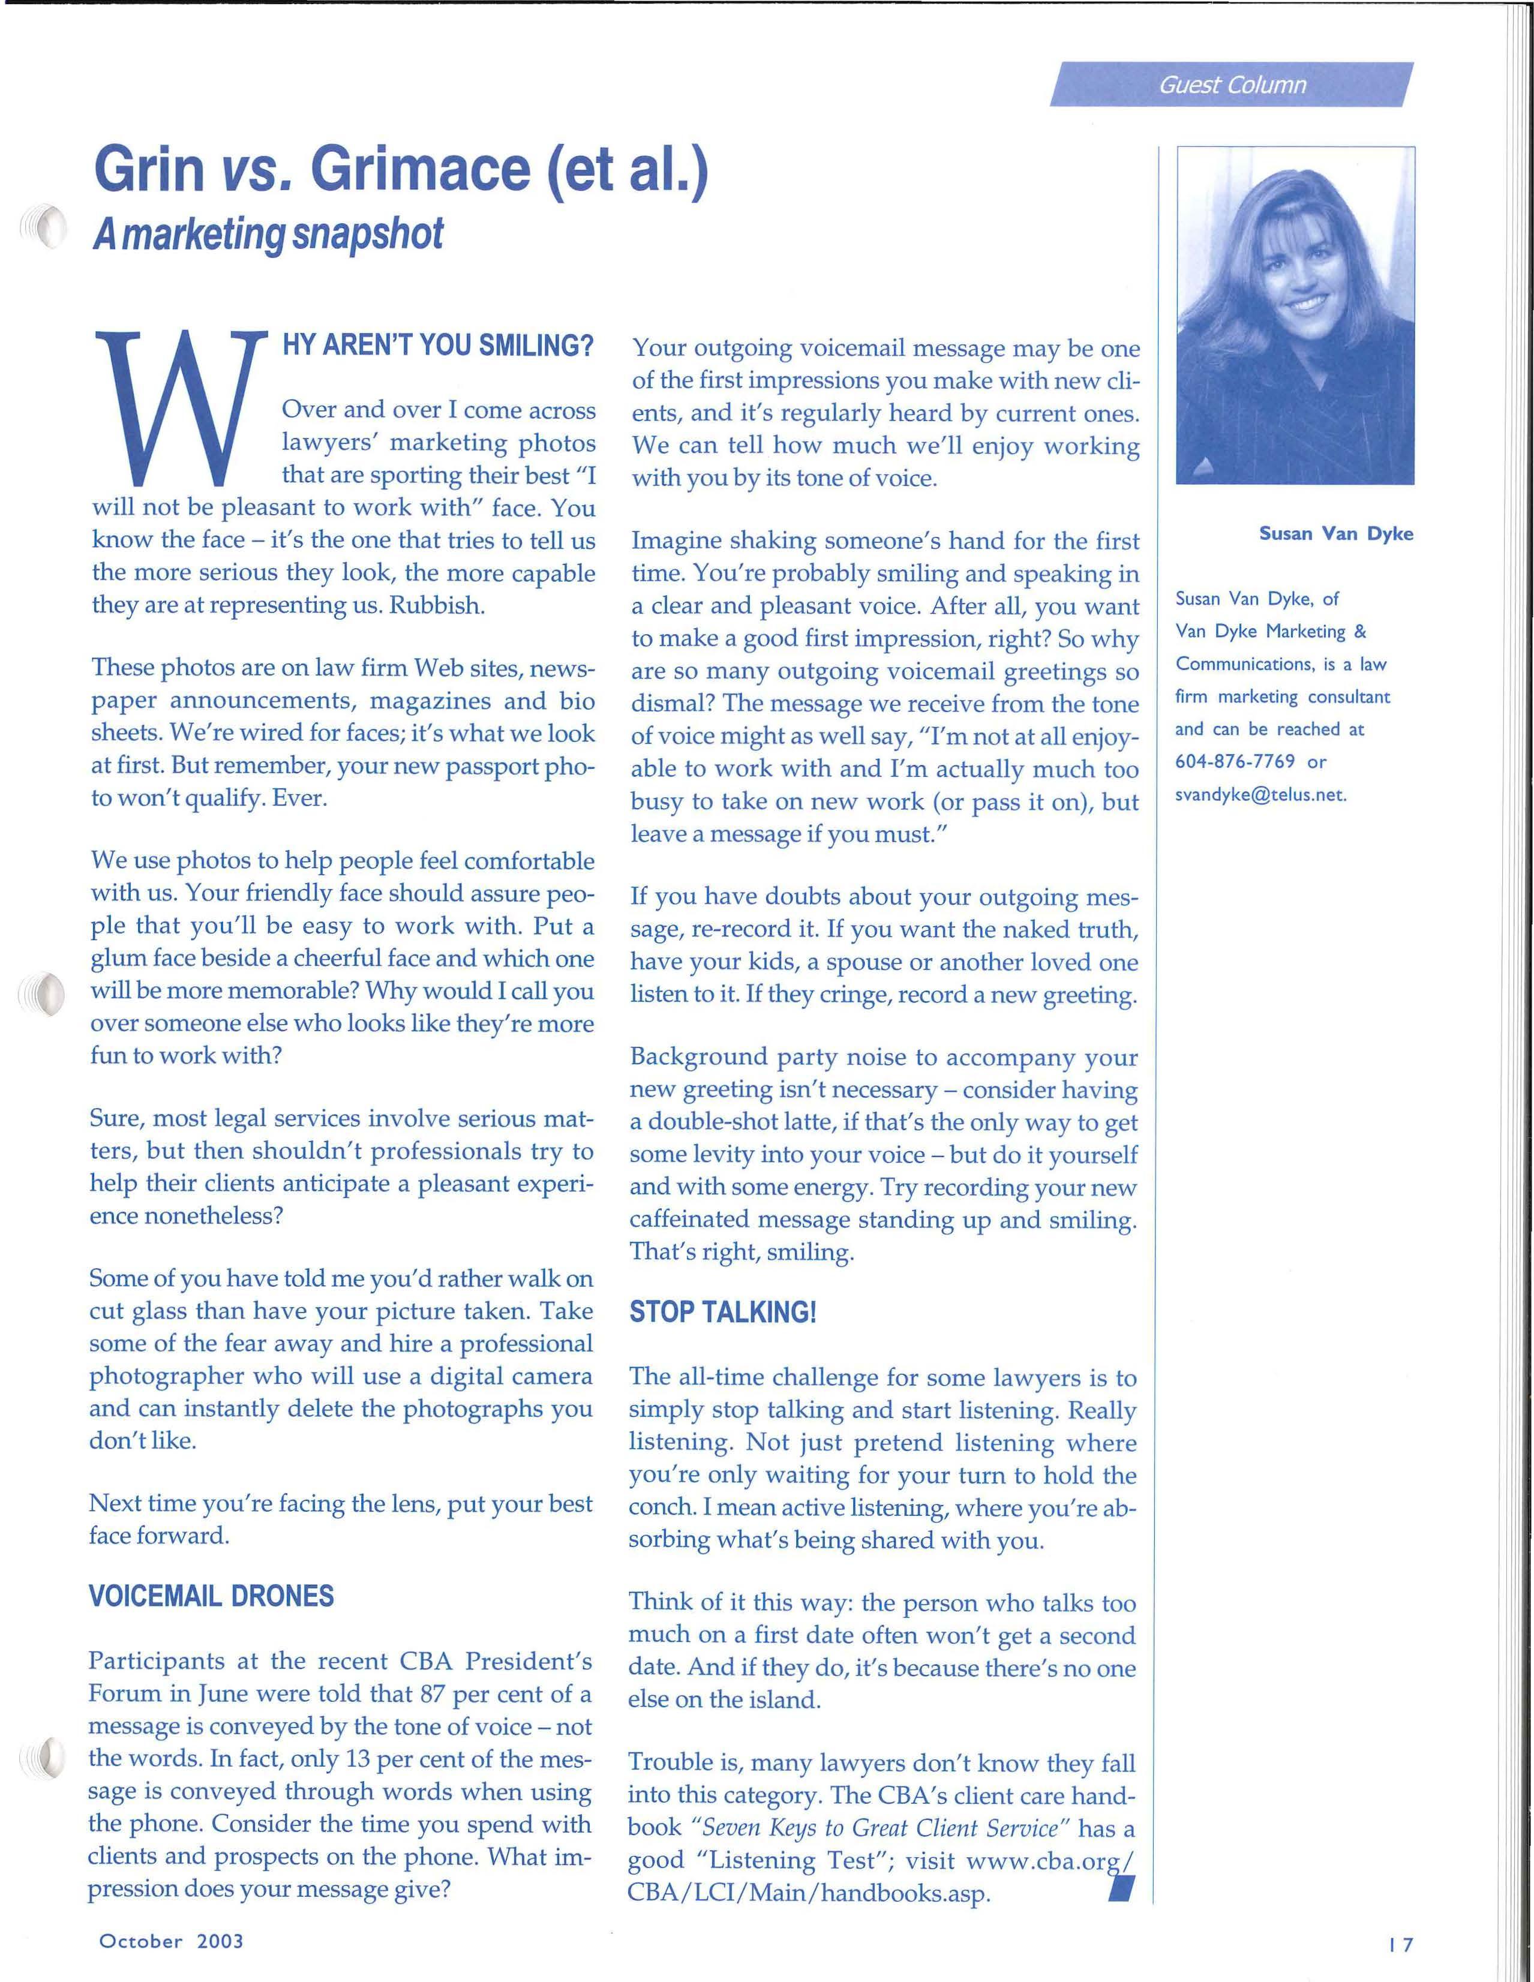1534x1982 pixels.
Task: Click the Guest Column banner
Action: pos(1231,85)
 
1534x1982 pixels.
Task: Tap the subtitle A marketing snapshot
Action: pos(269,234)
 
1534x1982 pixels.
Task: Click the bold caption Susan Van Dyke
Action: pos(1335,534)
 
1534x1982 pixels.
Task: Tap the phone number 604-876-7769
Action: pos(1235,761)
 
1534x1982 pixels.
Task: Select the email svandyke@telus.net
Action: pos(1260,795)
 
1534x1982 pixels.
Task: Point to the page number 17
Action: pos(1401,1944)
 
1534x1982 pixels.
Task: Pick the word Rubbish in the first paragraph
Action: pos(437,605)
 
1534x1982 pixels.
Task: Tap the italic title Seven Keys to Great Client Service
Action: pos(881,1828)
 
